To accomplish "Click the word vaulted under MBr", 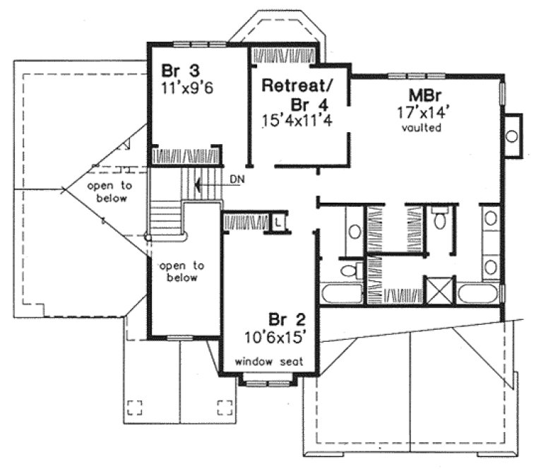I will coord(422,128).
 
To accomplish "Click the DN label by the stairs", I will coord(237,179).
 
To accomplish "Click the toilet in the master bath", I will coord(441,220).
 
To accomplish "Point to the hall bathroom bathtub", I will coord(341,293).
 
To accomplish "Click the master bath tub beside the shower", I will coord(480,292).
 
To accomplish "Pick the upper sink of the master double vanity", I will coord(490,220).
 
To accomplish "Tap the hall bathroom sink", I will coord(354,231).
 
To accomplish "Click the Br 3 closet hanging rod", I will coord(185,155).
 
